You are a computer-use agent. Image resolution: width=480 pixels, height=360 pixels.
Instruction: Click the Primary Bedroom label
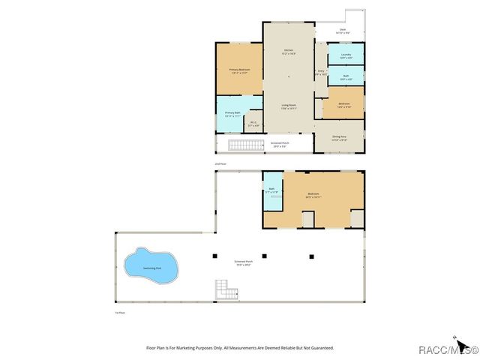239,70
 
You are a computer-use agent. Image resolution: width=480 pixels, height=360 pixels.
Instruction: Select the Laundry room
346,55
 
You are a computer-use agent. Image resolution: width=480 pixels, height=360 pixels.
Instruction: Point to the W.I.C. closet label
253,124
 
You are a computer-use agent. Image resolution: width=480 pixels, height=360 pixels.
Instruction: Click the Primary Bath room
232,114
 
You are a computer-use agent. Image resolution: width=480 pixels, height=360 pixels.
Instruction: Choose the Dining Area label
339,138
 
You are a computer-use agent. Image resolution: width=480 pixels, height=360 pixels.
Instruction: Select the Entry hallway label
320,73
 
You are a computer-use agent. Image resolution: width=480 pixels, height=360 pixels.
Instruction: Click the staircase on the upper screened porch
242,145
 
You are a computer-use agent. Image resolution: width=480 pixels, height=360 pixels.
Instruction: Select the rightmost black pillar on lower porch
310,256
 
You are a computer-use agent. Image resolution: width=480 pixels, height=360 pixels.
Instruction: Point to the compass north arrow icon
455,338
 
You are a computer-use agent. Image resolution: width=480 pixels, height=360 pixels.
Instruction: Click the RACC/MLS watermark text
447,349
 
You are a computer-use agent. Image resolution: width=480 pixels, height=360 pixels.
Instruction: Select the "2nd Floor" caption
220,163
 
